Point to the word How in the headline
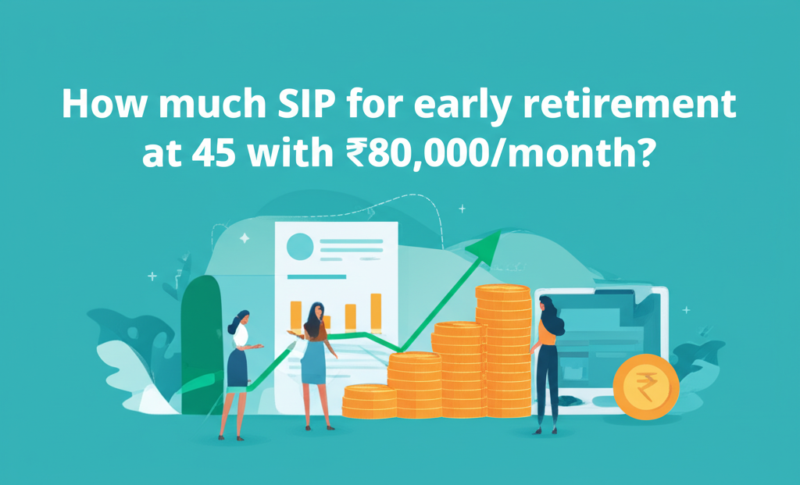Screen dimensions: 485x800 tap(99, 105)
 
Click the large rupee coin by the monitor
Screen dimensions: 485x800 tap(645, 387)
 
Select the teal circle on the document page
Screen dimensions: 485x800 tap(300, 248)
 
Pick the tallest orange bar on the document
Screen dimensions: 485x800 tap(376, 312)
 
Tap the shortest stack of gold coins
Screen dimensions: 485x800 tap(369, 401)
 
